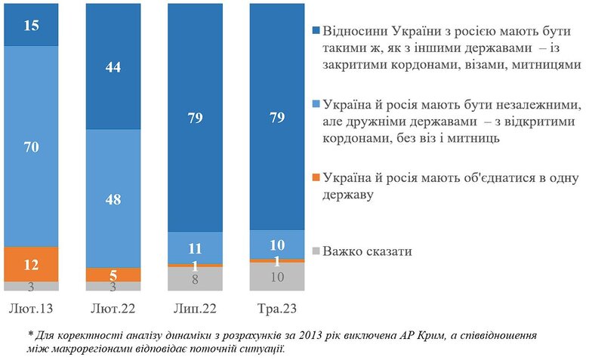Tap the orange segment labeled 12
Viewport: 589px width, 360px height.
(x=31, y=264)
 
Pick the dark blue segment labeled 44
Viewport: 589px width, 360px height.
(x=113, y=66)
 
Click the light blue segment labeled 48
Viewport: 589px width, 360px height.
(x=113, y=198)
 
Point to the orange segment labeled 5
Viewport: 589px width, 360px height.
(x=113, y=275)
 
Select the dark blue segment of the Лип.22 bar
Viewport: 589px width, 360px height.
(x=195, y=117)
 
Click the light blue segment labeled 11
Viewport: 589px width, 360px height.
(x=195, y=247)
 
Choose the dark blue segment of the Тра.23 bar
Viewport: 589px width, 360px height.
(x=276, y=117)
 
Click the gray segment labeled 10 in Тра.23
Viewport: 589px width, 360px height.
(x=276, y=276)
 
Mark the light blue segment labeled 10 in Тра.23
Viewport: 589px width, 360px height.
(x=276, y=245)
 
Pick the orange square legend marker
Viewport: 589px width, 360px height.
(x=316, y=178)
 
